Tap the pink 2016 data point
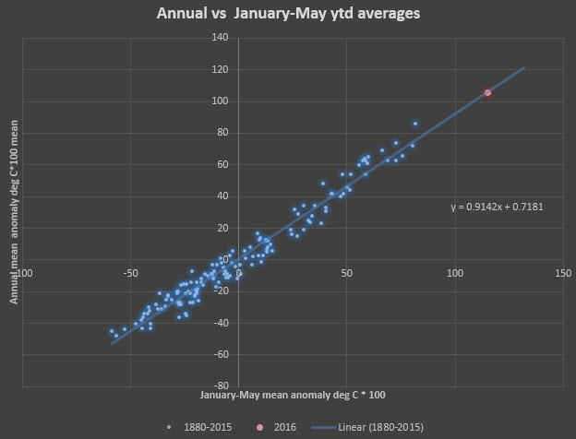coord(487,93)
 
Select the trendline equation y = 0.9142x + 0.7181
coord(496,208)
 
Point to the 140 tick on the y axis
coord(220,37)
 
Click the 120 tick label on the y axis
coord(220,69)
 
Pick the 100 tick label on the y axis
coord(220,101)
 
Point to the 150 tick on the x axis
coord(563,273)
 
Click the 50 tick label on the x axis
coord(347,273)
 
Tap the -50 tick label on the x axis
coord(130,273)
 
